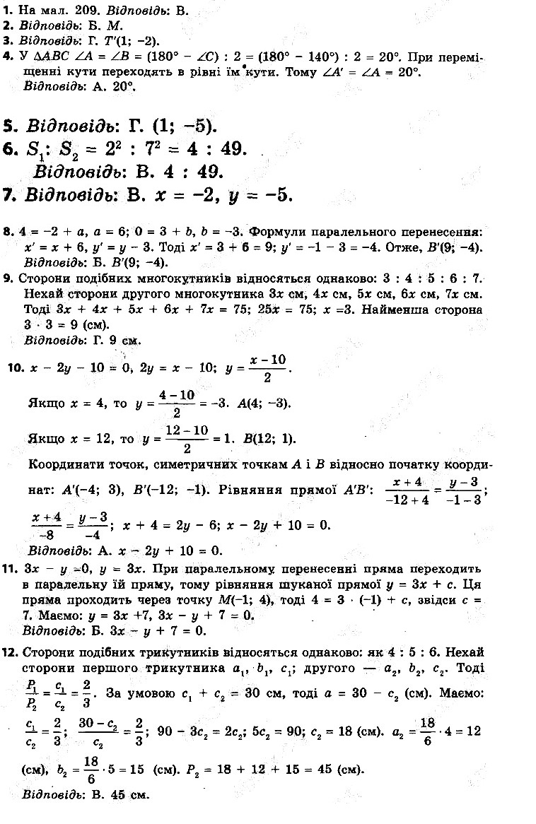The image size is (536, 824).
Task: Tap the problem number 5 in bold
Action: [x=9, y=126]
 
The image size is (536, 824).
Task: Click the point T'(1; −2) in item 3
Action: [x=127, y=41]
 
